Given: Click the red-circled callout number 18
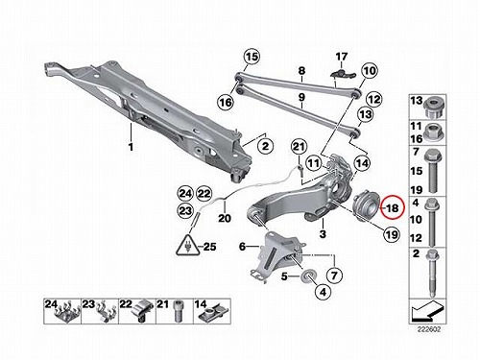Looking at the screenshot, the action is click(393, 208).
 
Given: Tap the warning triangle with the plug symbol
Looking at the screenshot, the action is click(188, 246).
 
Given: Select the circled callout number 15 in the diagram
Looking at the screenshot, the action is click(252, 57).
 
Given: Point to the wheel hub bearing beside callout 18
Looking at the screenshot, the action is click(365, 205).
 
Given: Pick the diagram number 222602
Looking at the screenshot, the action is click(429, 329).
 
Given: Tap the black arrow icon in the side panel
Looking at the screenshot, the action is click(427, 310).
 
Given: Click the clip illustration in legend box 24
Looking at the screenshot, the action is click(68, 312).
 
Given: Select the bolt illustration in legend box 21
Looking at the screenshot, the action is click(178, 311).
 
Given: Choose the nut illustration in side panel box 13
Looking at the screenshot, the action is click(434, 108).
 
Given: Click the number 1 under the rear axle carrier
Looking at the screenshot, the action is click(131, 147).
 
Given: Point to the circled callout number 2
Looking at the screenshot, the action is click(266, 147).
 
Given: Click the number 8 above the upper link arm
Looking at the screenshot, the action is click(301, 70).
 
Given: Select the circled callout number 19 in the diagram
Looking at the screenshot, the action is click(392, 235).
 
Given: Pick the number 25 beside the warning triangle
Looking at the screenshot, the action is click(209, 247).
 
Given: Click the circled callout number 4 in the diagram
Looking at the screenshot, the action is click(324, 292).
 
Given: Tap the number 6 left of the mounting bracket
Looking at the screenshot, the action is click(242, 247).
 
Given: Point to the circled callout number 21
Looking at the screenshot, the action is click(299, 147).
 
